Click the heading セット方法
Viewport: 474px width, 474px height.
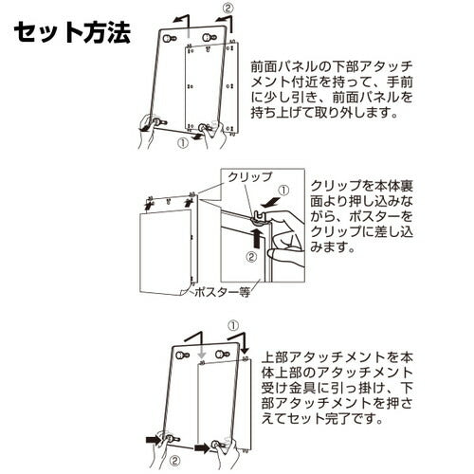72,32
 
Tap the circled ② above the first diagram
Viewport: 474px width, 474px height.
228,9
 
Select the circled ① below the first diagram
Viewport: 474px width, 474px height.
183,143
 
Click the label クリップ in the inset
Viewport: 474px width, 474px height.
249,177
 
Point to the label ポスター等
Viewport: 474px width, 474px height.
222,292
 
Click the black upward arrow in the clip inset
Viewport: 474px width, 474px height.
258,239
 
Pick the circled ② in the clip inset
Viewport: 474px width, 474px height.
251,257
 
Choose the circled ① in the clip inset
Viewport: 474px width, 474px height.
283,191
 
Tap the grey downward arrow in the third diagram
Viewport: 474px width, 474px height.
202,350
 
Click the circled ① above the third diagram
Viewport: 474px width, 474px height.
233,325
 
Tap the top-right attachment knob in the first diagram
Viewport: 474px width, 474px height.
208,38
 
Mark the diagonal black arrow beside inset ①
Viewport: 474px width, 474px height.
272,202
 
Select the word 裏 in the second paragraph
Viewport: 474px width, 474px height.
406,186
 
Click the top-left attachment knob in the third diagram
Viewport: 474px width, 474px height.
182,355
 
